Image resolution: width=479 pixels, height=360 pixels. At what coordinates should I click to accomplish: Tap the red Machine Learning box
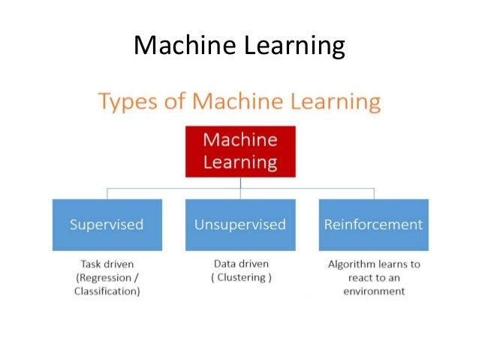(x=240, y=151)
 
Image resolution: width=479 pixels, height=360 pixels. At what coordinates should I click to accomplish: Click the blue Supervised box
(x=107, y=224)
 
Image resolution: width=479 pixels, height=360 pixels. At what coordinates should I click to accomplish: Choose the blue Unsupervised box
(x=240, y=224)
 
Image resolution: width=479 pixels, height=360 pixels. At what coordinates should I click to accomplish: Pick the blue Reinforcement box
(x=373, y=224)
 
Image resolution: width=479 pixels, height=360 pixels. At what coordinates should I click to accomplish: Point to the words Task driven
(x=107, y=265)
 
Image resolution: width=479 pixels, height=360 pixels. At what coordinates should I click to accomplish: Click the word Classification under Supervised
(x=107, y=291)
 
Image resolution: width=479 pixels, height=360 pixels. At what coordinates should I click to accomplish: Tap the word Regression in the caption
(x=102, y=277)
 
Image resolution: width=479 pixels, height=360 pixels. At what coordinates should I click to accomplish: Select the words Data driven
(x=240, y=265)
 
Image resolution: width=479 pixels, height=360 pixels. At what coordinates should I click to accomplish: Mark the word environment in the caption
(x=373, y=291)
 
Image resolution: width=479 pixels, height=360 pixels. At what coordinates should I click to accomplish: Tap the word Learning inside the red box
(x=240, y=162)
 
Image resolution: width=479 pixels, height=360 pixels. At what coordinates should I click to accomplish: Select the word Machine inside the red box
(x=240, y=141)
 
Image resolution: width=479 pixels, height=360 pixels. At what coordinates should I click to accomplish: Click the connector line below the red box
(x=240, y=183)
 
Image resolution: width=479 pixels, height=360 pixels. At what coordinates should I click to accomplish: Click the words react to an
(x=373, y=277)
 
